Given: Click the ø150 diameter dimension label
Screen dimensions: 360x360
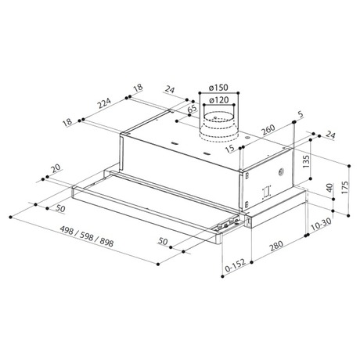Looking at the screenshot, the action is click(218, 88).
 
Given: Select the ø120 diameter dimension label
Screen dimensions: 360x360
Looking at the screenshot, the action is click(218, 100).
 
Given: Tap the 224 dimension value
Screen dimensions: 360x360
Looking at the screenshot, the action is click(104, 103).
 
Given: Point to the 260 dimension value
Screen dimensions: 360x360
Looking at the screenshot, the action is click(268, 130).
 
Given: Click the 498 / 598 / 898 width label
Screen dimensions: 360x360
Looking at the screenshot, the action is click(87, 236).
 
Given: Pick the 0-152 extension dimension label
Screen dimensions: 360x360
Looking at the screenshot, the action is click(236, 265).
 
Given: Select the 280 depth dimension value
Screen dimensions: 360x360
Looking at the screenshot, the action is click(276, 246).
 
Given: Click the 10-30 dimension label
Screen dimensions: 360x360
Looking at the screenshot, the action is click(321, 224).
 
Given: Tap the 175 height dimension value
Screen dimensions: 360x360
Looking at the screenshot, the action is click(344, 187).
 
